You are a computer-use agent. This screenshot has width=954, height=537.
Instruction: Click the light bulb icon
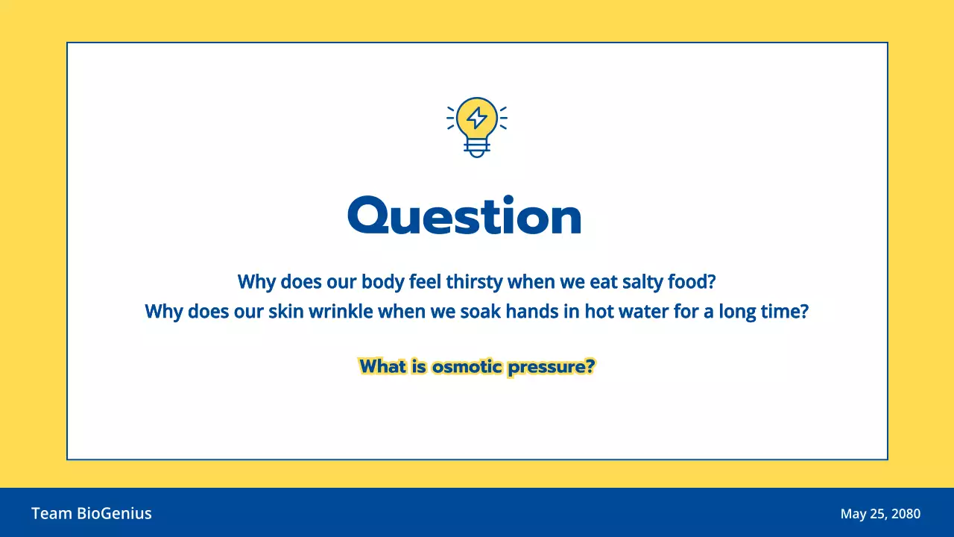[477, 125]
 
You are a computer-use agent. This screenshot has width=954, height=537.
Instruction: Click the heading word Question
[464, 216]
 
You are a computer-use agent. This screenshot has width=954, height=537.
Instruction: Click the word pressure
[551, 367]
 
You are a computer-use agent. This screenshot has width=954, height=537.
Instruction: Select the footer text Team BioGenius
[92, 513]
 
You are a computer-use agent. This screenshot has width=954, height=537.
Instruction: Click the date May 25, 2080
[880, 514]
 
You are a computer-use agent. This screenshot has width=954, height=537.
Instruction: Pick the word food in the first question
[695, 283]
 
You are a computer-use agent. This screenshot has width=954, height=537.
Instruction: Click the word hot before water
[598, 311]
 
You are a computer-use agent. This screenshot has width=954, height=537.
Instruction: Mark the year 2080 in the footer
[905, 514]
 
